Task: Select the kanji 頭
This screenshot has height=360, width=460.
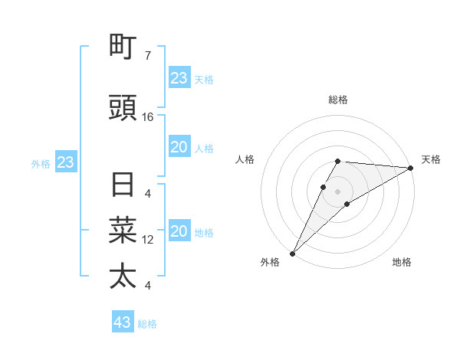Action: tap(123, 109)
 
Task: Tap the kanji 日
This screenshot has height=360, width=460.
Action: tap(123, 185)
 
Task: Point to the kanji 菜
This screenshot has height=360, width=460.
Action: tap(123, 231)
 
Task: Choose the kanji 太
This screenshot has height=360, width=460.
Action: tap(123, 276)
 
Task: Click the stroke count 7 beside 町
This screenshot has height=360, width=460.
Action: tap(148, 56)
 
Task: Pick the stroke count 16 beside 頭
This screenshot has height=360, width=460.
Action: tap(148, 117)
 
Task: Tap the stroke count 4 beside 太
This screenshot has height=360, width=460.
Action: tap(148, 286)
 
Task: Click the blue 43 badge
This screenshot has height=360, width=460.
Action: tap(123, 322)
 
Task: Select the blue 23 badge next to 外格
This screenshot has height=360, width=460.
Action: tap(65, 162)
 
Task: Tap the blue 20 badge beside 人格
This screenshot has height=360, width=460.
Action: tap(179, 147)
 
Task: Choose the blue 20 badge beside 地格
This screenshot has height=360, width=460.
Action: tap(179, 232)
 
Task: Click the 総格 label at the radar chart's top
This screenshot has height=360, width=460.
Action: tap(338, 100)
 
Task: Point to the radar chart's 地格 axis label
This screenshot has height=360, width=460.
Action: tap(402, 263)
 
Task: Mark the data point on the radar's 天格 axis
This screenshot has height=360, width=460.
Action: tap(411, 168)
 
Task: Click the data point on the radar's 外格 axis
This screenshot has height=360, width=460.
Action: tap(292, 254)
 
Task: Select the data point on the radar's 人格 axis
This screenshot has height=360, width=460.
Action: tap(324, 187)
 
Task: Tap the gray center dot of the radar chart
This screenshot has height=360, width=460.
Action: tap(338, 191)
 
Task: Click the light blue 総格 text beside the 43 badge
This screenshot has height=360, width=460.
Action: tap(147, 324)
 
